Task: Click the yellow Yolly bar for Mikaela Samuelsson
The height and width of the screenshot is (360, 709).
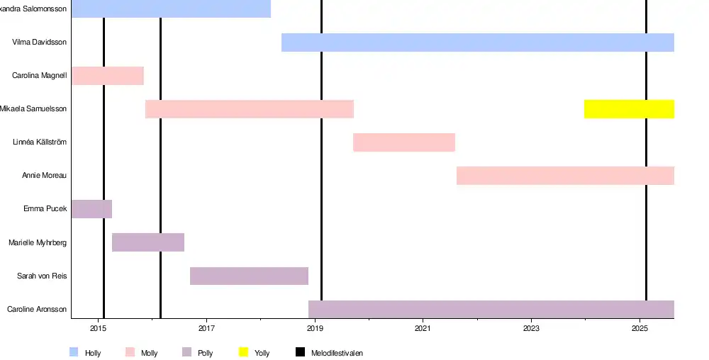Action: pos(628,109)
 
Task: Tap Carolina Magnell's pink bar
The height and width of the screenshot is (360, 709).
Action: pos(107,76)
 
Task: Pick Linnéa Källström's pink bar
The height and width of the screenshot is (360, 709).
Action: pos(404,142)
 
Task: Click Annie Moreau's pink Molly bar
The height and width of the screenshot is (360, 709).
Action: pos(564,176)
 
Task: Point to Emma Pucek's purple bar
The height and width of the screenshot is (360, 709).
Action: pos(91,209)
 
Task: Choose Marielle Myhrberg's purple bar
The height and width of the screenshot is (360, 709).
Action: pos(148,242)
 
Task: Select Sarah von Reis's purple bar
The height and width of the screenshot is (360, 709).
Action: pos(249,276)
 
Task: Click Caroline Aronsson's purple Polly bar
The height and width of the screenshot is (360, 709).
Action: pos(491,309)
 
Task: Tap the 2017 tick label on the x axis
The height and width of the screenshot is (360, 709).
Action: pos(206,329)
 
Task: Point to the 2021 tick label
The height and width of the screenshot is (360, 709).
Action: pos(423,329)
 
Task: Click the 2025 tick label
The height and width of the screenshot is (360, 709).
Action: pos(640,329)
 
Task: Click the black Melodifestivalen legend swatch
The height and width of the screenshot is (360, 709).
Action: pos(300,352)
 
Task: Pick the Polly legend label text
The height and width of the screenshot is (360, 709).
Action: pos(205,353)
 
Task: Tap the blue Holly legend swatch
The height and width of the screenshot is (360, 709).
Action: pos(74,352)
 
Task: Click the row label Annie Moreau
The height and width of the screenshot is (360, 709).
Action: pos(44,176)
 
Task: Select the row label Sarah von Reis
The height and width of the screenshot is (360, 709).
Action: pos(42,276)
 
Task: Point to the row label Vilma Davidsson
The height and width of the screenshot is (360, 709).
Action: pos(39,43)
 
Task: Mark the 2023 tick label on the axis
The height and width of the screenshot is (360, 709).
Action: pos(531,329)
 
